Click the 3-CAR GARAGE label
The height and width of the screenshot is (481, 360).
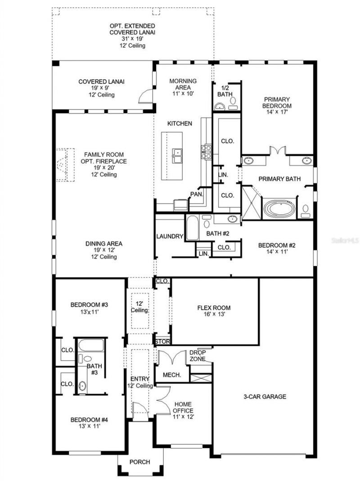click(x=265, y=397)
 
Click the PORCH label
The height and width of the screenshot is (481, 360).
click(x=139, y=463)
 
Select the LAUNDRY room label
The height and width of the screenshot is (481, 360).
click(x=170, y=236)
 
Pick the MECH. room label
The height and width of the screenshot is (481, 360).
click(x=171, y=375)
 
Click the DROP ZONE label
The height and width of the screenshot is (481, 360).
click(x=197, y=355)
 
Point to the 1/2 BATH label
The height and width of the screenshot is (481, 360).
click(x=225, y=91)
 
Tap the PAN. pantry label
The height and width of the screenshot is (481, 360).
click(x=196, y=194)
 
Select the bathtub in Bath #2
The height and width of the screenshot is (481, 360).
click(x=193, y=228)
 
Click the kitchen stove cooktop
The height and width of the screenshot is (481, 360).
click(x=207, y=151)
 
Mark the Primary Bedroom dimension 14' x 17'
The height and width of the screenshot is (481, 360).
click(x=277, y=113)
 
